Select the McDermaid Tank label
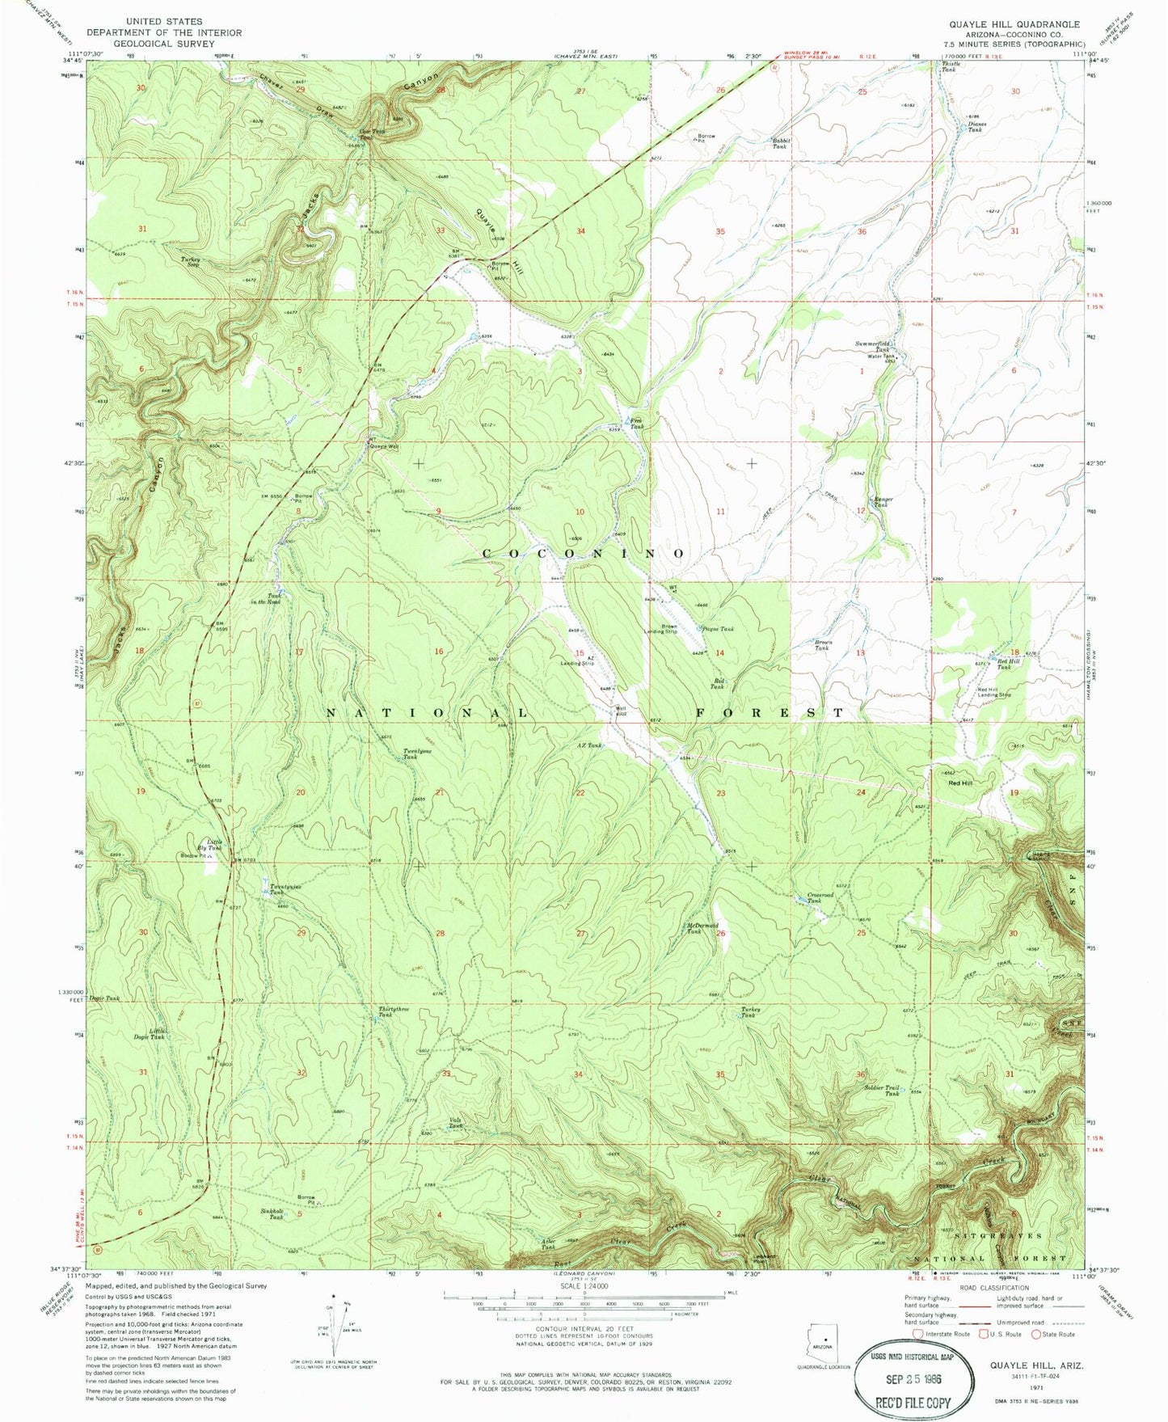coord(695,928)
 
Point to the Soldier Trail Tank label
coord(882,1091)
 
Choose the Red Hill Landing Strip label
coord(993,693)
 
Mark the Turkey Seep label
coord(191,263)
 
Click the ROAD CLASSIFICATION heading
coord(995,1288)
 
